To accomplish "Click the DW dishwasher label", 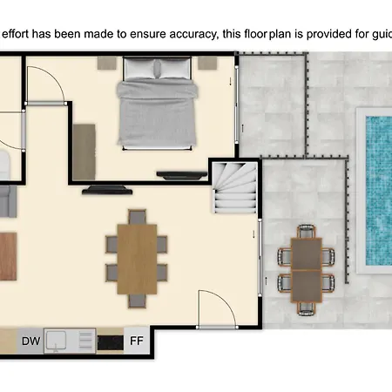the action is click(x=31, y=341).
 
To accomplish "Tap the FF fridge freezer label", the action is click(x=137, y=341).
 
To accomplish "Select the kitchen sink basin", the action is click(x=57, y=341).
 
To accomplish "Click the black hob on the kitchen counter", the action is click(x=110, y=342).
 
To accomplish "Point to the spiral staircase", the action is click(x=235, y=187).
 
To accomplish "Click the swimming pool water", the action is click(x=379, y=191).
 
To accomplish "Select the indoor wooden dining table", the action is click(x=137, y=259).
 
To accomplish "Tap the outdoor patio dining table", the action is click(x=307, y=270).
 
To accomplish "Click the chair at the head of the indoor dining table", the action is click(x=137, y=217).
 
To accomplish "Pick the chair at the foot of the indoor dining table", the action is click(x=137, y=301).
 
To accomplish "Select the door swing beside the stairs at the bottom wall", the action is click(x=226, y=299).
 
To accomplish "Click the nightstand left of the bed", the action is click(x=107, y=63).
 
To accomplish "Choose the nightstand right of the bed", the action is click(x=207, y=63).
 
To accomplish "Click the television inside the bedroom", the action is click(x=182, y=175).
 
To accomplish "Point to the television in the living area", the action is click(x=107, y=190).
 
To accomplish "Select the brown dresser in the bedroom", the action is click(x=84, y=152).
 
